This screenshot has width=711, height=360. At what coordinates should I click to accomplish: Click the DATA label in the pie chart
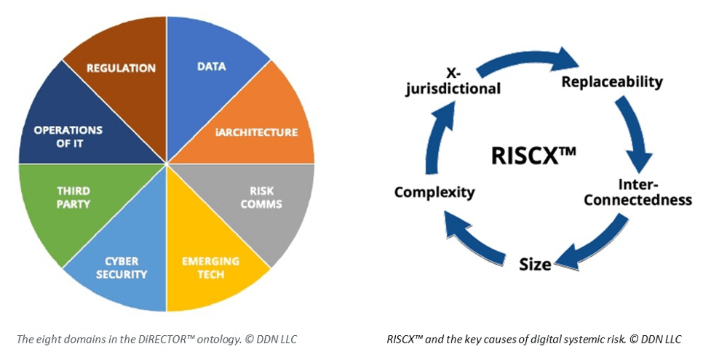pyautogui.click(x=211, y=66)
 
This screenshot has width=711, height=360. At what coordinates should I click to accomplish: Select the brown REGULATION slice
pyautogui.click(x=121, y=68)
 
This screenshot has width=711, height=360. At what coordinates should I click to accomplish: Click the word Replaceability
pyautogui.click(x=612, y=81)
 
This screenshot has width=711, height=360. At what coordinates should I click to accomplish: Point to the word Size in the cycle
pyautogui.click(x=535, y=264)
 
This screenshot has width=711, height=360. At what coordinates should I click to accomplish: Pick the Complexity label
pyautogui.click(x=434, y=192)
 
